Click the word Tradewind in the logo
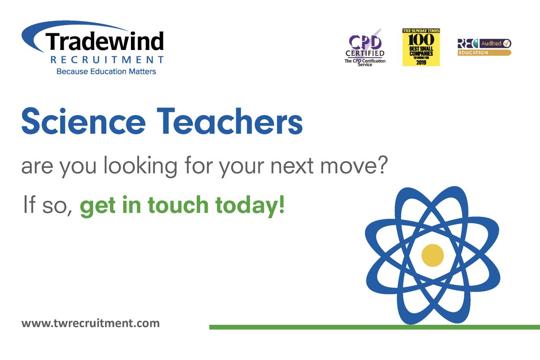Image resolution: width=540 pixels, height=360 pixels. (x=104, y=42)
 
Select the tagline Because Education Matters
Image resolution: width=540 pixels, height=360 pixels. (x=106, y=71)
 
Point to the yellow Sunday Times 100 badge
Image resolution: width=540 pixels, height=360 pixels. (x=421, y=47)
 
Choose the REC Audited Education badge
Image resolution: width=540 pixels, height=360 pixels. (x=484, y=47)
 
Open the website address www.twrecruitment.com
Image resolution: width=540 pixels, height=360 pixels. (x=90, y=323)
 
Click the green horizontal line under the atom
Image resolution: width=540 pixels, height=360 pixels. (x=315, y=327)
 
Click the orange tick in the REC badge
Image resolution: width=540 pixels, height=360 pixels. (x=507, y=44)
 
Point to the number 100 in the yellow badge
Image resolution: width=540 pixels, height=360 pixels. (x=421, y=39)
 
